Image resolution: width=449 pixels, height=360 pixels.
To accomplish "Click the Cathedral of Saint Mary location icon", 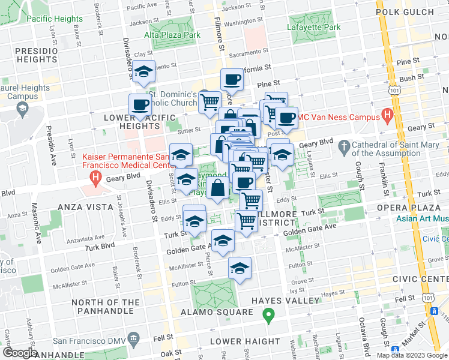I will pos(345,146).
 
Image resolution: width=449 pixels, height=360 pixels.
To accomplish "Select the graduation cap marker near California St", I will pos(143,73).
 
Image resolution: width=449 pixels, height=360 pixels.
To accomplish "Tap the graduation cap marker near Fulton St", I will pos(240,269).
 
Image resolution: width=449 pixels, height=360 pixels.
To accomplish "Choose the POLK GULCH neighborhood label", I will pos(403,11).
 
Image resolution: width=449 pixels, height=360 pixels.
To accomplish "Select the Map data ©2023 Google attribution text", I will pos(411,355).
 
